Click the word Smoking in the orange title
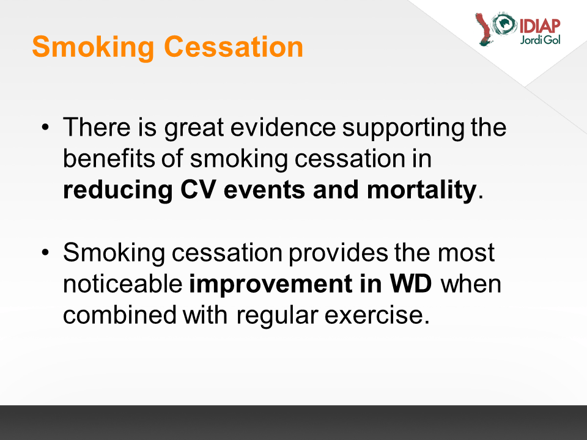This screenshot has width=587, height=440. pyautogui.click(x=93, y=48)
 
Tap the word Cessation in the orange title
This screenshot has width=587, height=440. pyautogui.click(x=234, y=47)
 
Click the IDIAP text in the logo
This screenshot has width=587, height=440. pyautogui.click(x=540, y=26)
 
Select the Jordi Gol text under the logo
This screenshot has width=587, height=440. pyautogui.click(x=540, y=40)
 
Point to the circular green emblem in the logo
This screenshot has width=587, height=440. pyautogui.click(x=504, y=24)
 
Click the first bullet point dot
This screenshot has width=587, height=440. pyautogui.click(x=45, y=127)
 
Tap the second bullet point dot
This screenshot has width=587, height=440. pyautogui.click(x=45, y=252)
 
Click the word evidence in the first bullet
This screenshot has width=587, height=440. pyautogui.click(x=283, y=127)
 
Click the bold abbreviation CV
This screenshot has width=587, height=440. pyautogui.click(x=198, y=189)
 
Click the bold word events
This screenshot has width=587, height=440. pyautogui.click(x=264, y=191)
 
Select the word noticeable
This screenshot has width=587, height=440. pyautogui.click(x=123, y=284)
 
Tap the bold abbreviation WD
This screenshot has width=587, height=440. pyautogui.click(x=411, y=284)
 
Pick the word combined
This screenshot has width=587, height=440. pyautogui.click(x=120, y=315)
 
